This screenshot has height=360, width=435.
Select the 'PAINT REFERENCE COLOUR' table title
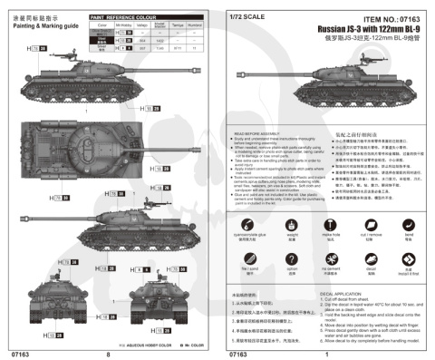pyautogui.click(x=121, y=16)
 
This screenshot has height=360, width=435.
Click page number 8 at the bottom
pyautogui.click(x=109, y=354)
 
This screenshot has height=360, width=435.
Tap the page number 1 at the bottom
pyautogui.click(x=325, y=354)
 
